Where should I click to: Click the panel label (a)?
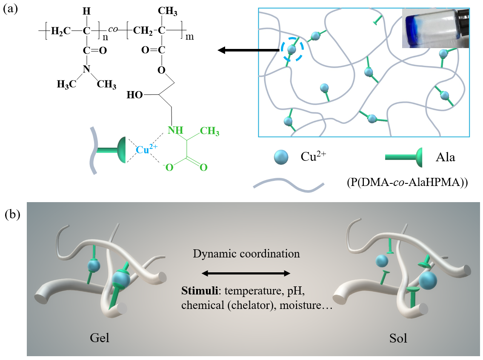point(10,10)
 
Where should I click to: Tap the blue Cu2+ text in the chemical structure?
point(147,149)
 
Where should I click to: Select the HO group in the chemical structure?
point(135,95)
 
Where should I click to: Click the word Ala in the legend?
point(445,157)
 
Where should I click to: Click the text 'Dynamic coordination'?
point(246,254)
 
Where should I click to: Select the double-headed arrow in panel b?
point(246,273)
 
